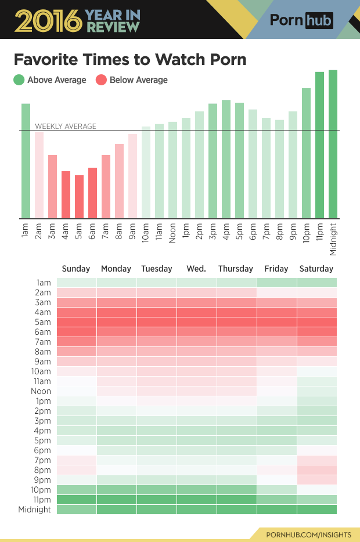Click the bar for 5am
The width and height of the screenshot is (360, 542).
79,197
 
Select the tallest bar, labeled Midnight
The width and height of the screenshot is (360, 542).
333,144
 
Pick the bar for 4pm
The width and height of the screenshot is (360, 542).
226,159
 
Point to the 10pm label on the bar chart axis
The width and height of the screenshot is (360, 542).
306,233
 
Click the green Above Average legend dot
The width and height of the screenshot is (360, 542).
19,80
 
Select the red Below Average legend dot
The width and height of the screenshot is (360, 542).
101,80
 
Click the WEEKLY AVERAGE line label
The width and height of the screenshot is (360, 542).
66,126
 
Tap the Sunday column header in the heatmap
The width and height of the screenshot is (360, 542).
76,269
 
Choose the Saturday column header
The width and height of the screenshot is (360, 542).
316,269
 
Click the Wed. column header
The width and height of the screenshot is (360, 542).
196,269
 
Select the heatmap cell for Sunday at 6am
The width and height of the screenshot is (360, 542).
76,332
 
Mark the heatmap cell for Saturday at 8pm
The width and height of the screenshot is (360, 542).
316,470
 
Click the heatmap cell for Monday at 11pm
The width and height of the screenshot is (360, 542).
117,500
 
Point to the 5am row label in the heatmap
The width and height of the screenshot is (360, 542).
44,322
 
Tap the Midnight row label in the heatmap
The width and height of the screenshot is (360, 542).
35,510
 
